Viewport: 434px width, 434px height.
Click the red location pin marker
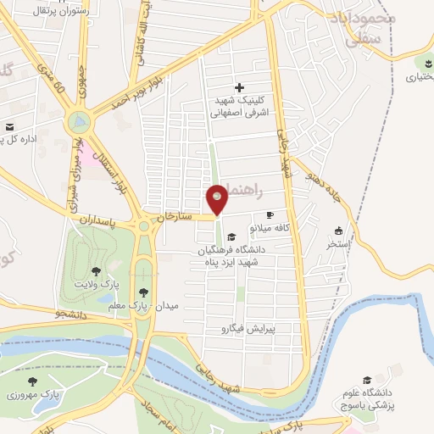pos(217,200)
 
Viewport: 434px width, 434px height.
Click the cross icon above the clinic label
pos(240,86)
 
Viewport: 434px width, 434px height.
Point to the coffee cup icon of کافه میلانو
pos(270,215)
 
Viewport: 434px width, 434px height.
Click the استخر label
pos(339,244)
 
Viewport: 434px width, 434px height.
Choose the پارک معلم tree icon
pos(143,290)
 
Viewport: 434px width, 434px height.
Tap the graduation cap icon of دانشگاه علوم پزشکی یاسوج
pos(367,380)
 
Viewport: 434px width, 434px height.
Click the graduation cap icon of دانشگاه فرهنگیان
pos(231,236)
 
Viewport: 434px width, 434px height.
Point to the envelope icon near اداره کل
pos(9,126)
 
